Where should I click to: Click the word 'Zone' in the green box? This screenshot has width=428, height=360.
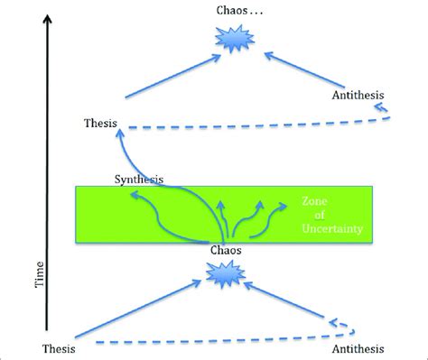coord(306,203)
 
